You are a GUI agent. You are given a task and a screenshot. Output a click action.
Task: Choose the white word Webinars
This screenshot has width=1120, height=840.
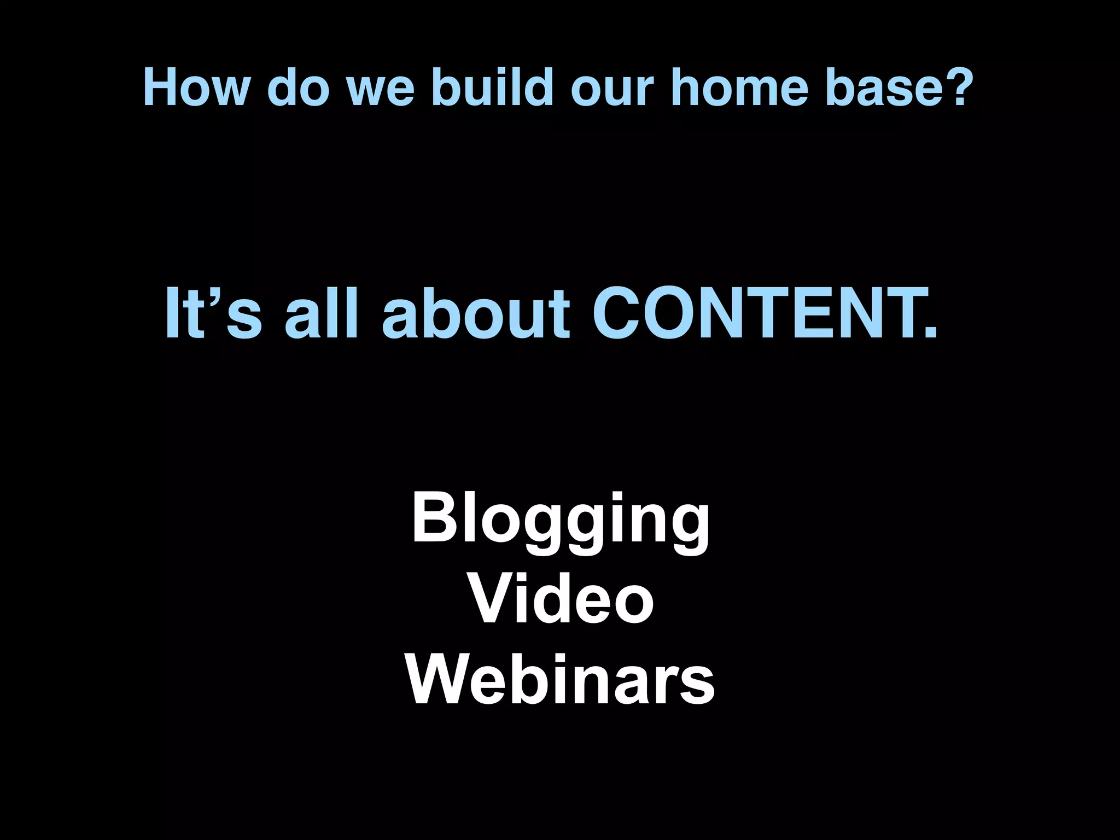tap(560, 681)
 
